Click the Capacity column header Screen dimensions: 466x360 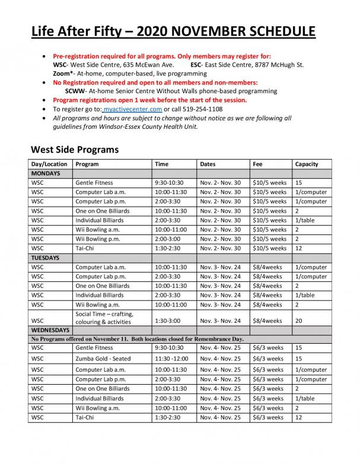pos(306,164)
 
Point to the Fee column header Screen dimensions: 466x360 pos(257,164)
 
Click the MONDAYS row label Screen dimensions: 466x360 pos(45,173)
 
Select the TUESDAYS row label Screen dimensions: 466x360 pos(46,258)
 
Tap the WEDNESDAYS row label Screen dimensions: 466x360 pos(50,329)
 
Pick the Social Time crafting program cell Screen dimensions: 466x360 pos(104,318)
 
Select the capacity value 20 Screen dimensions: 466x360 pos(298,321)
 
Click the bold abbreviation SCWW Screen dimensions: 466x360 pos(75,91)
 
